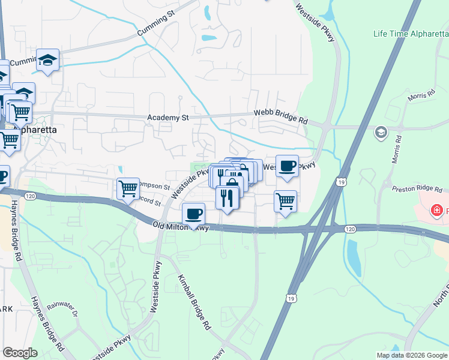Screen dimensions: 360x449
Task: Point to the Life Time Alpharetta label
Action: [411, 33]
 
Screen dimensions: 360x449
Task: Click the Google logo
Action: [19, 353]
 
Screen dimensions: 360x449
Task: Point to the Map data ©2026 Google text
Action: [411, 355]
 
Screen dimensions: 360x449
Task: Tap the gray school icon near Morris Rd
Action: [381, 132]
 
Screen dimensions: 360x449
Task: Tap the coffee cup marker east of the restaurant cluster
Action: [287, 166]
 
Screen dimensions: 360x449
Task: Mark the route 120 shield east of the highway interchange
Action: [351, 229]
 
